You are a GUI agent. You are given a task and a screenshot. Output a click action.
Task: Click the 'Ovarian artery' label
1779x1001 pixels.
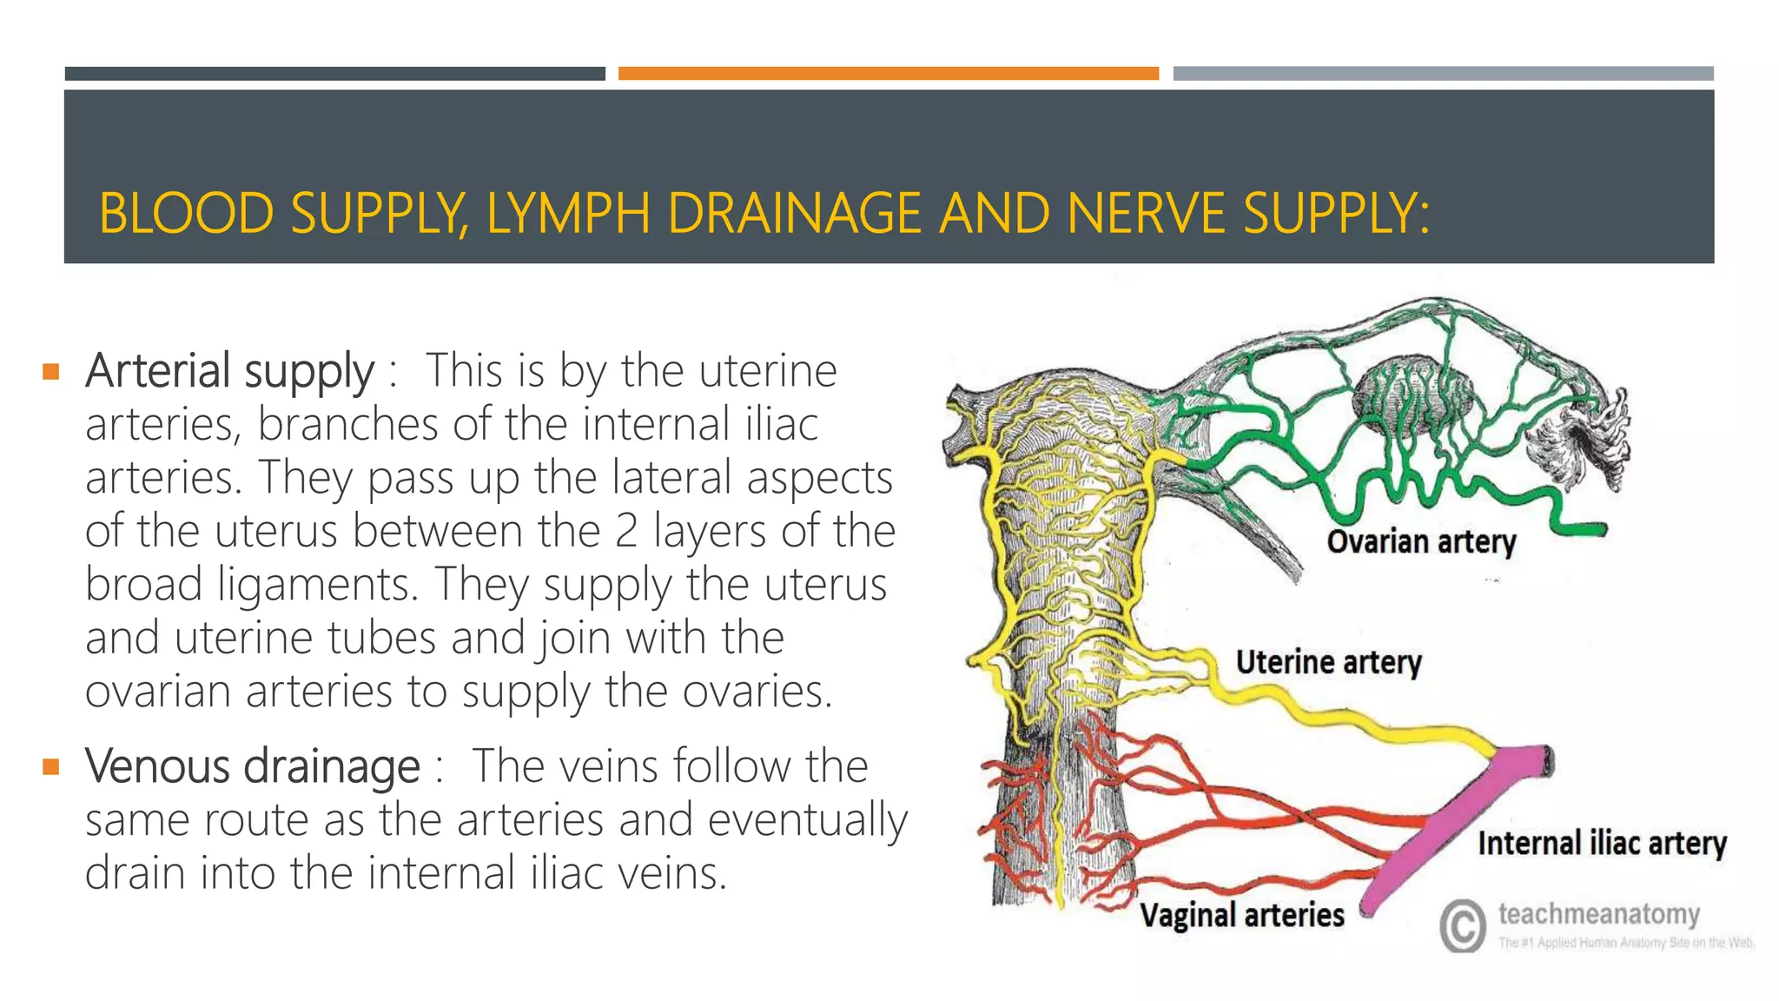[x=1421, y=541]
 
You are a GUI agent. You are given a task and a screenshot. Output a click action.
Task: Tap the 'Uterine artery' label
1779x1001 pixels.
[x=1328, y=662]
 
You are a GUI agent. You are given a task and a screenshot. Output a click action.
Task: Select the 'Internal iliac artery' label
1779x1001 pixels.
[x=1602, y=843]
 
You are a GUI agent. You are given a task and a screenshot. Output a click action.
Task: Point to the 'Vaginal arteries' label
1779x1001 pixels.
[x=1241, y=915]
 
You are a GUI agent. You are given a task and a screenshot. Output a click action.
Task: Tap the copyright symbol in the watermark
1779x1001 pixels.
[x=1463, y=925]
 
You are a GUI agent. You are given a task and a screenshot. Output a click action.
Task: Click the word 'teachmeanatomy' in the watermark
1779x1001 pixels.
[x=1599, y=913]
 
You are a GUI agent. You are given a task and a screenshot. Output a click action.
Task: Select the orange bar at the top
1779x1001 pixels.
[x=888, y=74]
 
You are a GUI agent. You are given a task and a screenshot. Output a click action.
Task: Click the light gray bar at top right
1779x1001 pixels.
[x=1443, y=74]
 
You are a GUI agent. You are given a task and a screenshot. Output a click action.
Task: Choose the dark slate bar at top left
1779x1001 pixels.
[x=334, y=74]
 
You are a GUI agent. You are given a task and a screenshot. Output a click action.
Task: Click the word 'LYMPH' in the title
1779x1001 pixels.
[x=568, y=214]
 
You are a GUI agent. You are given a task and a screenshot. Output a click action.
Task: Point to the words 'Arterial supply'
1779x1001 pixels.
[x=229, y=371]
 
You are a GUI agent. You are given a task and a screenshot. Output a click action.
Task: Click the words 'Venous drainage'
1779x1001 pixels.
[x=252, y=766]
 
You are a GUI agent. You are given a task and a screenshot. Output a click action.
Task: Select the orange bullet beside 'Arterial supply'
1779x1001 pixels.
[x=51, y=373]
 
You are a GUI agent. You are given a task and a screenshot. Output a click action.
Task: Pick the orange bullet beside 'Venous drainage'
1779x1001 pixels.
[x=51, y=767]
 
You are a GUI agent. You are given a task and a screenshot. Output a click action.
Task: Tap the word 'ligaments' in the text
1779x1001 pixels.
[x=318, y=585]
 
